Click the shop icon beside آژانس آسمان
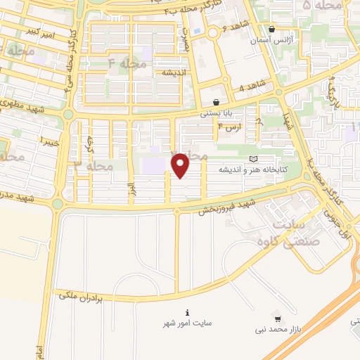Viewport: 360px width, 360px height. pos(272,29)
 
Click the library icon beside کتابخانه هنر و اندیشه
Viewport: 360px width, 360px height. pos(254,160)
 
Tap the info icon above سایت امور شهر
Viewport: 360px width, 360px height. pos(186,313)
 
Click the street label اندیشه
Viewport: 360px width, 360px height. pos(172,72)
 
